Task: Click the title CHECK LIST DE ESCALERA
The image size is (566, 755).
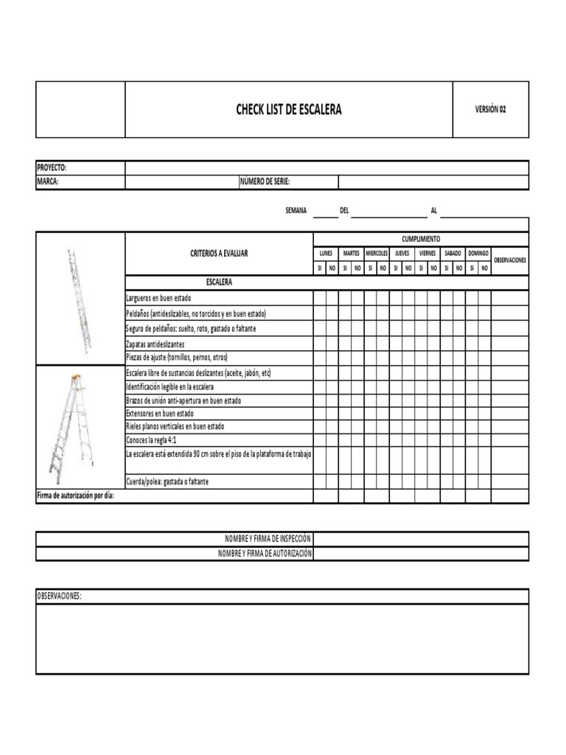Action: click(288, 110)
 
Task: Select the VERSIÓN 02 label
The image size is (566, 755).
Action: click(490, 110)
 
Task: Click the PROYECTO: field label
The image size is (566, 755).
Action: click(52, 168)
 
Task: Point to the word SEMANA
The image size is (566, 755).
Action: click(296, 211)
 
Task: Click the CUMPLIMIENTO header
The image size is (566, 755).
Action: click(420, 240)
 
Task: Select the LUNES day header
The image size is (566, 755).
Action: click(326, 253)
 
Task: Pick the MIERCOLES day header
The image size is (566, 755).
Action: click(377, 253)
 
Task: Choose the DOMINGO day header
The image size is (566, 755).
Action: click(478, 253)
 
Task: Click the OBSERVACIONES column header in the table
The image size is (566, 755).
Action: click(509, 260)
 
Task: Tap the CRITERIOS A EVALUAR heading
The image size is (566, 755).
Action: click(219, 254)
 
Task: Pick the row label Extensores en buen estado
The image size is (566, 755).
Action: click(160, 414)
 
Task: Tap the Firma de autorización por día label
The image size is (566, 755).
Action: click(75, 495)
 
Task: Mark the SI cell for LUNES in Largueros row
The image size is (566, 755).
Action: click(319, 297)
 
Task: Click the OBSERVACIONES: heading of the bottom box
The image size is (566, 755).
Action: click(59, 596)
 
